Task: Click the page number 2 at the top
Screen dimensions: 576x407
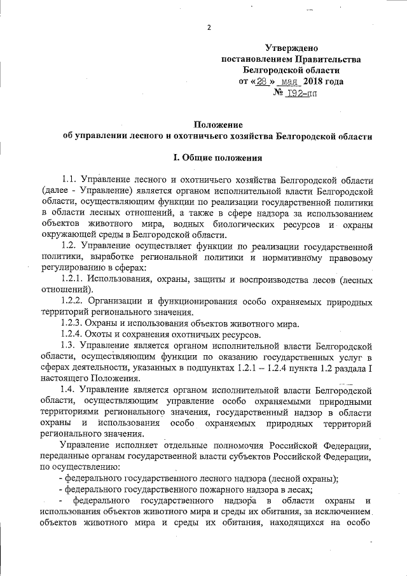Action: point(208,27)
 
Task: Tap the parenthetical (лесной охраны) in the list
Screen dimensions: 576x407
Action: point(294,477)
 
